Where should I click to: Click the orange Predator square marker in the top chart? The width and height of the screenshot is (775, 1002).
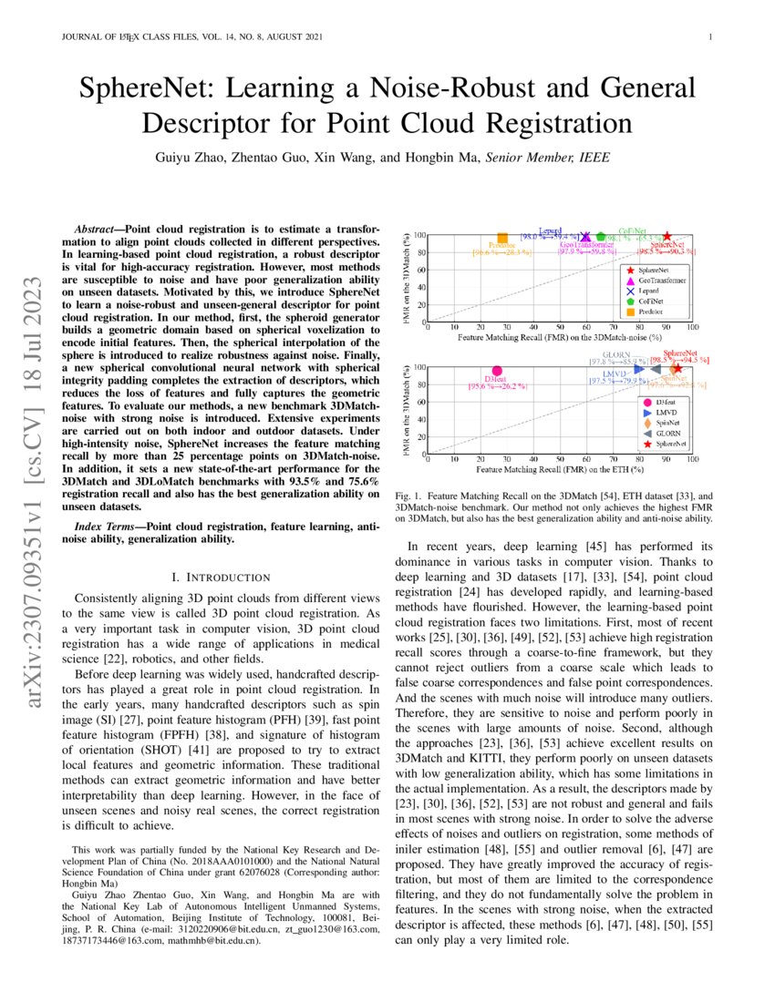point(503,238)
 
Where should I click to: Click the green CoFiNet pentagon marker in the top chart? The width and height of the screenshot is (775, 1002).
point(613,238)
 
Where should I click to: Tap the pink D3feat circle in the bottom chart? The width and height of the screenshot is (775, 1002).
point(497,371)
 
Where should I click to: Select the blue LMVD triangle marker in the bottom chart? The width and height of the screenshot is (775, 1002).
point(639,369)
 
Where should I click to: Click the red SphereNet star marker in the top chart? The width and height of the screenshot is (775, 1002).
point(667,236)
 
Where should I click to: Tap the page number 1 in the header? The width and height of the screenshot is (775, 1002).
point(708,36)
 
